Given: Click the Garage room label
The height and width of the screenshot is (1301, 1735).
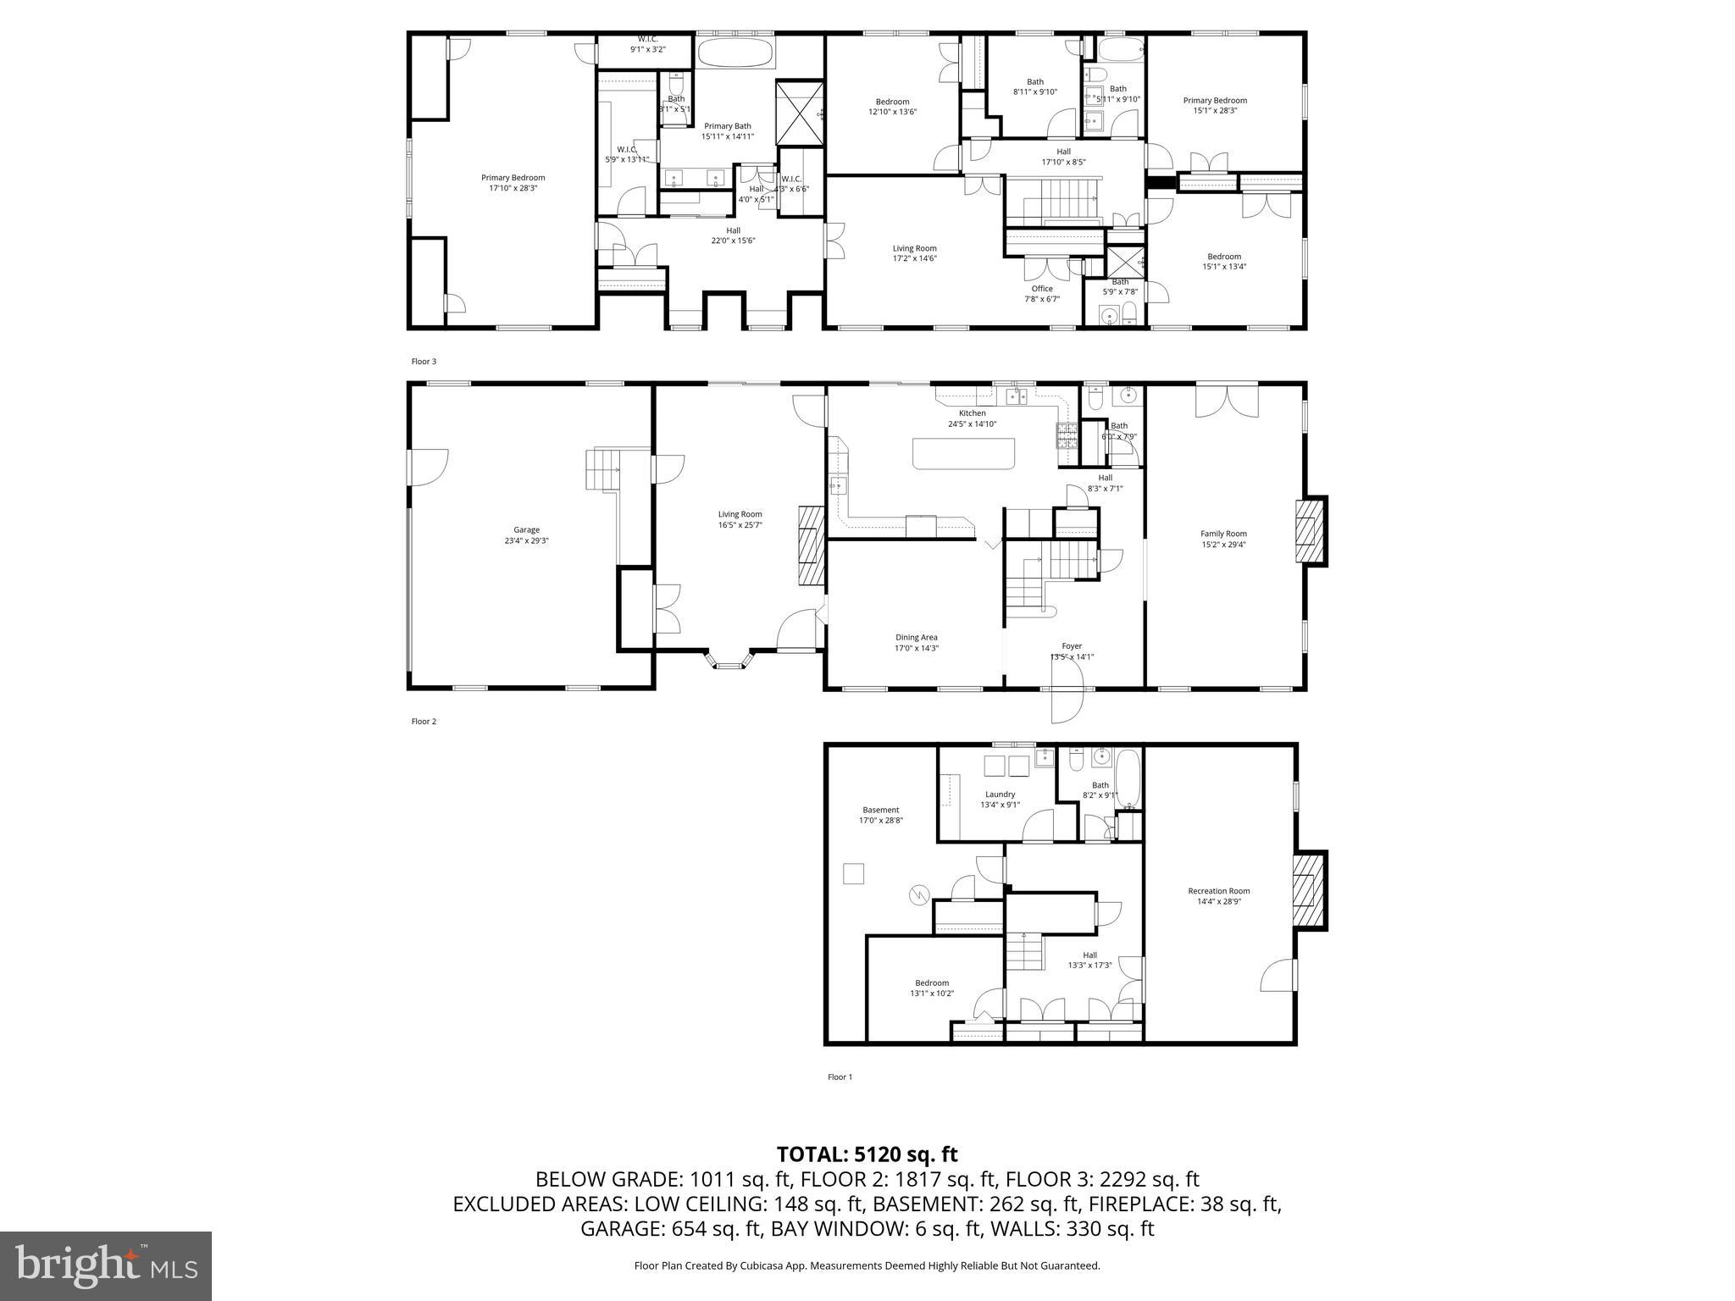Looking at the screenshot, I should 526,535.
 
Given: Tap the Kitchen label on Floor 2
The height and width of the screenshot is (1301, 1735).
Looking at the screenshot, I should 972,418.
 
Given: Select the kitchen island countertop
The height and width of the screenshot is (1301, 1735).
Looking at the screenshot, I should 964,453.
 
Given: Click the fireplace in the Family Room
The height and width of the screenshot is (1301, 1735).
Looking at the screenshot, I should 1308,531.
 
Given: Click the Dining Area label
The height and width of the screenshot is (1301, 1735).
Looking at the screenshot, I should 917,643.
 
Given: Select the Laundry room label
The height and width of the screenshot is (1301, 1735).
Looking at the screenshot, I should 1000,800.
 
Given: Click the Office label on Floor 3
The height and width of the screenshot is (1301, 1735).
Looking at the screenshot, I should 1042,293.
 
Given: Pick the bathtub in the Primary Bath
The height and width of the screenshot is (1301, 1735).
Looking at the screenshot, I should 735,53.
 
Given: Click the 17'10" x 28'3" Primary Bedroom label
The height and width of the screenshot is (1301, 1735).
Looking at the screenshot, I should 513,183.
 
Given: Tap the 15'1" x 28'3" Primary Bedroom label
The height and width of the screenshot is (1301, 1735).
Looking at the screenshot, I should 1215,105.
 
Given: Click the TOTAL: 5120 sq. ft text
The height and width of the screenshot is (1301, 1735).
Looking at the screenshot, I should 867,1154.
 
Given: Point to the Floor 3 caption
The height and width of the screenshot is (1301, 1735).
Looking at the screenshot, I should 424,362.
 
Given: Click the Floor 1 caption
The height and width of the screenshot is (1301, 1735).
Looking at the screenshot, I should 840,1077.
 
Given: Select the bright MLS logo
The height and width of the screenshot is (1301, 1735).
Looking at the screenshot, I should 106,1265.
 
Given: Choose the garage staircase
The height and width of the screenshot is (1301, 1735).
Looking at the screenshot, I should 603,471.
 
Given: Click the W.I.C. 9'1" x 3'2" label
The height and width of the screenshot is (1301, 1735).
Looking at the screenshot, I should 647,44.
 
